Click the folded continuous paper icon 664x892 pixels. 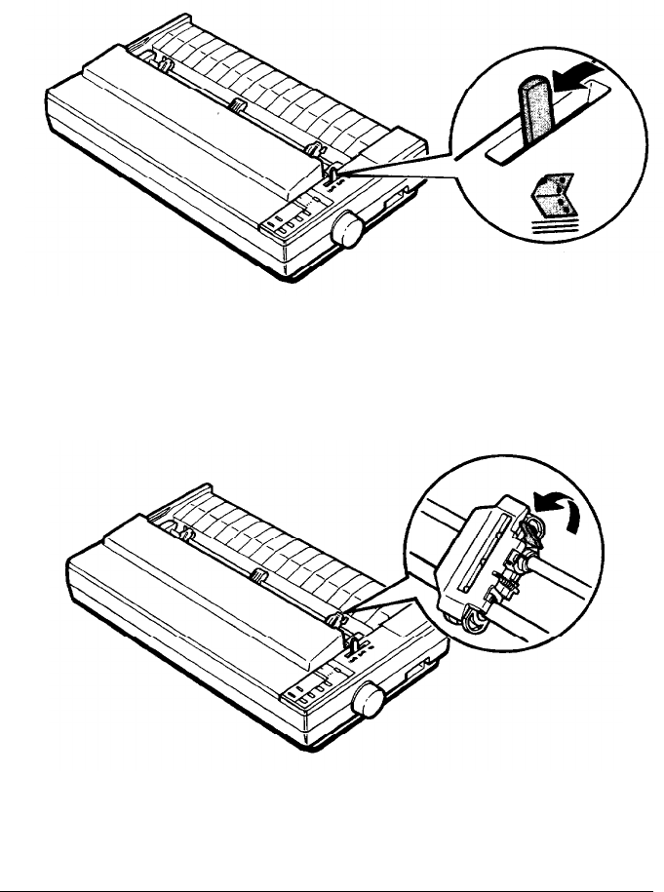543,209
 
